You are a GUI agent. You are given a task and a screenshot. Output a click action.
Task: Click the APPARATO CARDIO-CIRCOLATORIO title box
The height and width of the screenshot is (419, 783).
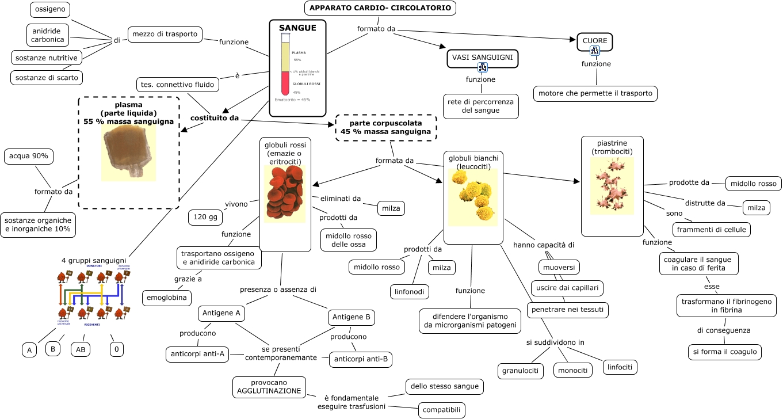[x=380, y=8]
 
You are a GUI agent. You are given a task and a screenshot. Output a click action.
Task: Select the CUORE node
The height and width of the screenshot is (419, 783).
[x=595, y=41]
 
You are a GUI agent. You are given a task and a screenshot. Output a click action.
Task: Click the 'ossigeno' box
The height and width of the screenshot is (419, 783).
[x=50, y=10]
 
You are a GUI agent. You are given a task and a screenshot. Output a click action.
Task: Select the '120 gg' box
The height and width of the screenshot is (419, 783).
[x=205, y=217]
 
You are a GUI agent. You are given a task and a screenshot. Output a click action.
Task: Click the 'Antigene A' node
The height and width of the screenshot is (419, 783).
[x=221, y=313]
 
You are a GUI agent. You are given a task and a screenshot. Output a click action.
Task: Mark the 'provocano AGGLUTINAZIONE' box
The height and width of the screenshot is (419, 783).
[x=269, y=386]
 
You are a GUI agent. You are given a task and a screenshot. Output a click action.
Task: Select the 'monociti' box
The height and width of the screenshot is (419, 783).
[x=573, y=370]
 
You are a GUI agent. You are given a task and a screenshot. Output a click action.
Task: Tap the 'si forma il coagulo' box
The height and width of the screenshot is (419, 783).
[x=724, y=352]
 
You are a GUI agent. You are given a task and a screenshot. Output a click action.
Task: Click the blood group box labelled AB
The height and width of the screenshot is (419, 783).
[x=81, y=349]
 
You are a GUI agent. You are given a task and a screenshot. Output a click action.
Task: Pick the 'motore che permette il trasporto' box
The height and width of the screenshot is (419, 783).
[x=595, y=93]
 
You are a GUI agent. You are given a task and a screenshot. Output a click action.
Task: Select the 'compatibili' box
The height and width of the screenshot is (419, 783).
[x=441, y=410]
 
